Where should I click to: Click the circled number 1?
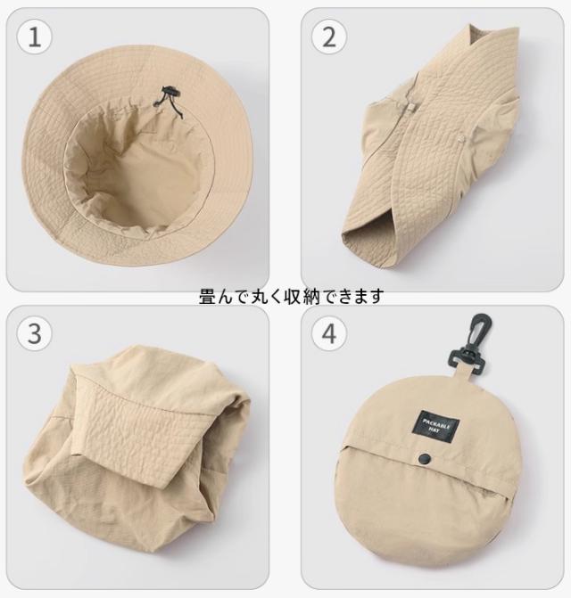(35, 37)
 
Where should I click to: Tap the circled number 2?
(329, 37)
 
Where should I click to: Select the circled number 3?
(35, 333)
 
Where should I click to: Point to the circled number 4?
(329, 333)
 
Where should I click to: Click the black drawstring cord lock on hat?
(170, 93)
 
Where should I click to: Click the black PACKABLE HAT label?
(436, 426)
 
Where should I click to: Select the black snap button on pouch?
(423, 457)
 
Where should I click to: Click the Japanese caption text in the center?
(291, 297)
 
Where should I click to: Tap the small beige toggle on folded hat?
(410, 108)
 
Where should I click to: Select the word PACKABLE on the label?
(437, 422)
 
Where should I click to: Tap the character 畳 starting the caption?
(207, 297)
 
